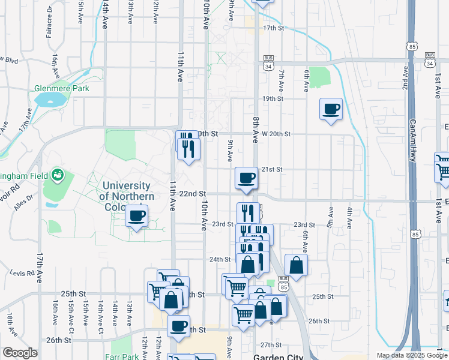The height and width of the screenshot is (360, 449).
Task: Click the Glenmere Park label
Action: coord(62,88)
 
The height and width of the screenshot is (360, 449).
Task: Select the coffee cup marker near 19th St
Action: coord(331,109)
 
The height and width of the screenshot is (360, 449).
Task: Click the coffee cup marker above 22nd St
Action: coord(246,178)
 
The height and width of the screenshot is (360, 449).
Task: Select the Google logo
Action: coord(20,353)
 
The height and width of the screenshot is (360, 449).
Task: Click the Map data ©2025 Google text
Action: coord(411,355)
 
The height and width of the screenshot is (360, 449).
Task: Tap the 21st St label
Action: coord(271,170)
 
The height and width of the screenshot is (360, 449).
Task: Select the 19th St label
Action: coord(272,98)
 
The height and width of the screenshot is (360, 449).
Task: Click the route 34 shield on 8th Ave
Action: coord(268,65)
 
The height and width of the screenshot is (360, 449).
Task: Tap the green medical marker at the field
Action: coord(58,175)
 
